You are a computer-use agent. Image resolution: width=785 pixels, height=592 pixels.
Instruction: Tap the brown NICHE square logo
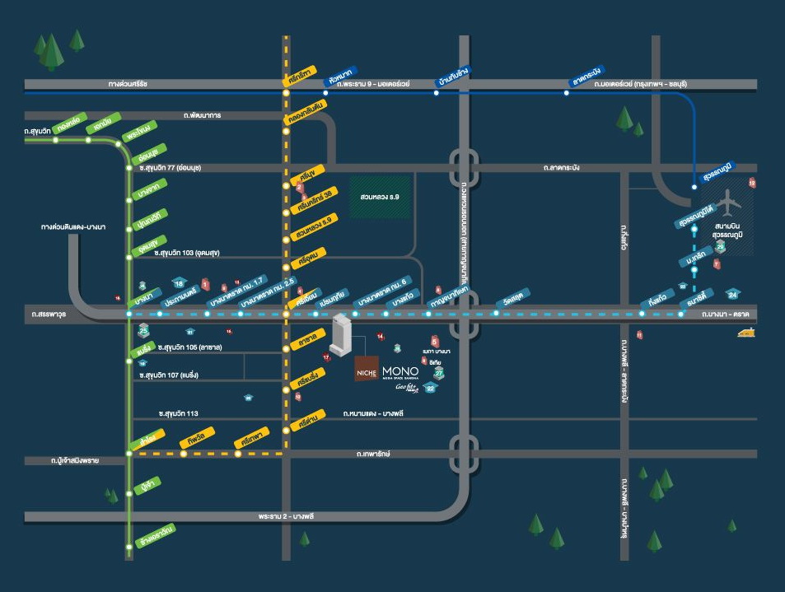[367, 369]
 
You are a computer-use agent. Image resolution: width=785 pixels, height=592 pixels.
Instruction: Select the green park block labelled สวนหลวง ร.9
[380, 198]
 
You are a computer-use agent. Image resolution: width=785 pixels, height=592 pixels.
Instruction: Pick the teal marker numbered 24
[733, 294]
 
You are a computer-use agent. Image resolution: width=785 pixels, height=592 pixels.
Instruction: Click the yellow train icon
[747, 333]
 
